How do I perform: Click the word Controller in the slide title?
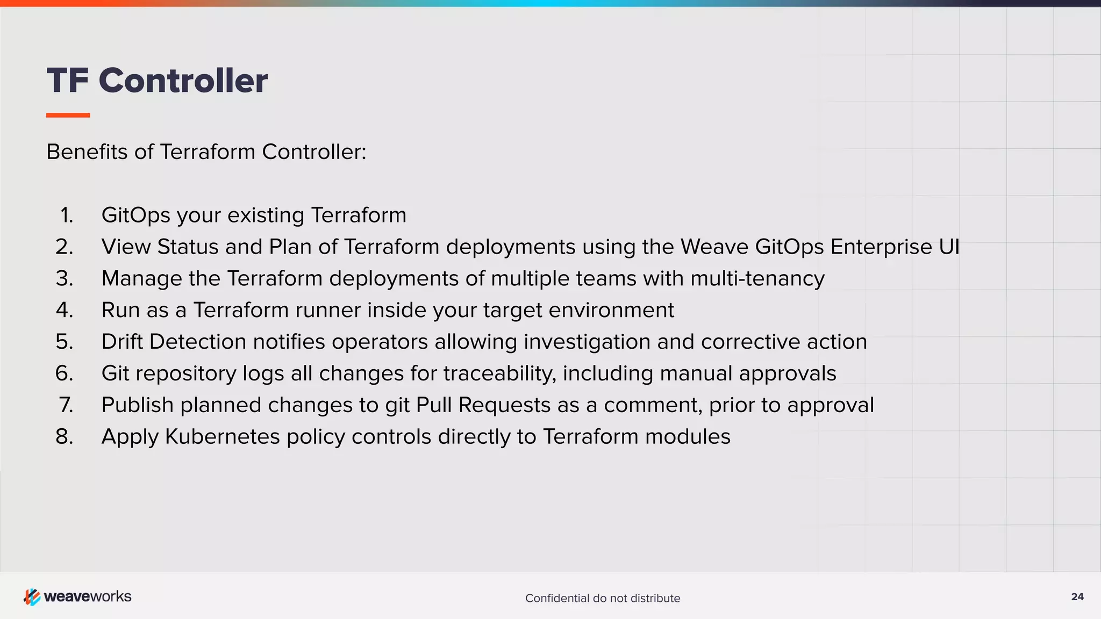pyautogui.click(x=183, y=81)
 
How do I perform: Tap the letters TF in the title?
pyautogui.click(x=68, y=81)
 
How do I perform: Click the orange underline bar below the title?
pyautogui.click(x=68, y=115)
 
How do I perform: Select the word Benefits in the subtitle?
pyautogui.click(x=87, y=152)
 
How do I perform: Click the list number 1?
pyautogui.click(x=67, y=215)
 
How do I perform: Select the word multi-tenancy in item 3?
pyautogui.click(x=757, y=279)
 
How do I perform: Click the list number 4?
pyautogui.click(x=65, y=310)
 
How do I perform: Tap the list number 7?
pyautogui.click(x=66, y=405)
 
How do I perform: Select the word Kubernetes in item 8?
pyautogui.click(x=222, y=437)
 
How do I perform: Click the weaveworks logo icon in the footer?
pyautogui.click(x=32, y=596)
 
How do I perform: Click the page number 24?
pyautogui.click(x=1077, y=597)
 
